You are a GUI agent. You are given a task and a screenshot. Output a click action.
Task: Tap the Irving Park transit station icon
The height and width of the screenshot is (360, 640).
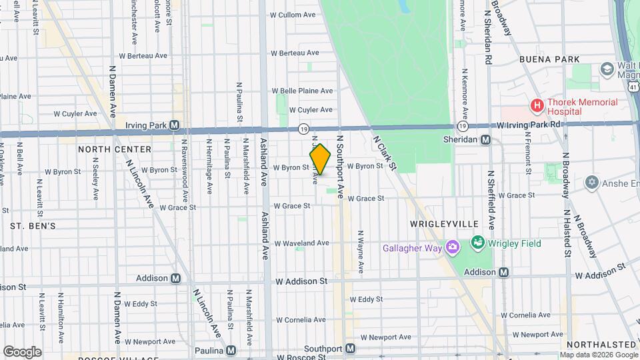tap(175, 125)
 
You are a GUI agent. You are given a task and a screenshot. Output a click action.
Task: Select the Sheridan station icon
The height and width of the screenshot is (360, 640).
tap(486, 140)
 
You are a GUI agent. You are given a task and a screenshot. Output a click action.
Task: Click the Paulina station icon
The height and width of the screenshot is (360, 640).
tap(231, 350)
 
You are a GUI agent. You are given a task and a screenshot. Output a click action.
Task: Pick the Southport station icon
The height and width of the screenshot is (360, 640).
tap(351, 349)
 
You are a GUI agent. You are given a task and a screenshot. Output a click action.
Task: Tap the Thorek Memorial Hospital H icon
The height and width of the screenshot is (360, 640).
tap(536, 105)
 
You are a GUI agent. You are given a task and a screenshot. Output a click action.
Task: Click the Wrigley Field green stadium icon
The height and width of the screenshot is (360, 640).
tap(477, 243)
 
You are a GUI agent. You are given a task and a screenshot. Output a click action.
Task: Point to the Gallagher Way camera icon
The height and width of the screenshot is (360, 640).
tap(453, 249)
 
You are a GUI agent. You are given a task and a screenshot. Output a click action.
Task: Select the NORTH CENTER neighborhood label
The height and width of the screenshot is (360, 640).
tap(115, 149)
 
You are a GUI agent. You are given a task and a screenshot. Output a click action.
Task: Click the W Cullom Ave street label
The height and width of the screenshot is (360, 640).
tap(296, 15)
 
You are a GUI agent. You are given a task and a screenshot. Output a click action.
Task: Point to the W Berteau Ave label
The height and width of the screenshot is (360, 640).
tap(297, 53)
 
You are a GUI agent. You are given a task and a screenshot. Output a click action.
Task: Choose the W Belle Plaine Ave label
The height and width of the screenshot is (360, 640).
tap(301, 91)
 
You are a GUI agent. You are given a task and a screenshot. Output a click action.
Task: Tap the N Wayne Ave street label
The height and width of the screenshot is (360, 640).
tap(360, 252)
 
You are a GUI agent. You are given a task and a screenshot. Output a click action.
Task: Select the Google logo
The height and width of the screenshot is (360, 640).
tap(22, 352)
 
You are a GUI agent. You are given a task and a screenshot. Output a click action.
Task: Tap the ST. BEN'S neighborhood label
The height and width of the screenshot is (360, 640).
tap(27, 226)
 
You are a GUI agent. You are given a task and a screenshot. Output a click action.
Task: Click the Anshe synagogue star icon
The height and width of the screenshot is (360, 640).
tap(591, 182)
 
